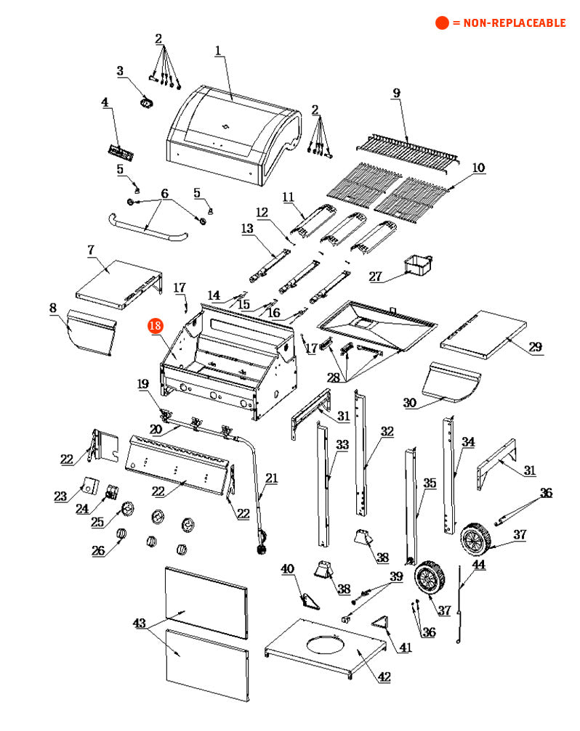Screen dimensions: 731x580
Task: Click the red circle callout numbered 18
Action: click(155, 326)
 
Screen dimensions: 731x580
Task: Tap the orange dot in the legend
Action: click(442, 23)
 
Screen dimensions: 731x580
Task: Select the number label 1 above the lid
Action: click(217, 50)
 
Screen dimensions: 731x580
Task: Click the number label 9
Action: click(396, 93)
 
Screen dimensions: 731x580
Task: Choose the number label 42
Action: click(384, 677)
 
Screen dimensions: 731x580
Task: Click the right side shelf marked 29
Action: click(483, 329)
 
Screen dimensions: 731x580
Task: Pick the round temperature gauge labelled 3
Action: click(146, 103)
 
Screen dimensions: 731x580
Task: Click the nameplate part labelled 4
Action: click(118, 152)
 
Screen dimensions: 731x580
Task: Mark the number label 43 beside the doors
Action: click(140, 624)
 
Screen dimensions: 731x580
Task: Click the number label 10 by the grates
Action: click(478, 168)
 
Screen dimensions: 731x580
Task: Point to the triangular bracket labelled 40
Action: click(311, 600)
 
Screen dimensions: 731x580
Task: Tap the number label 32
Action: click(387, 431)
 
